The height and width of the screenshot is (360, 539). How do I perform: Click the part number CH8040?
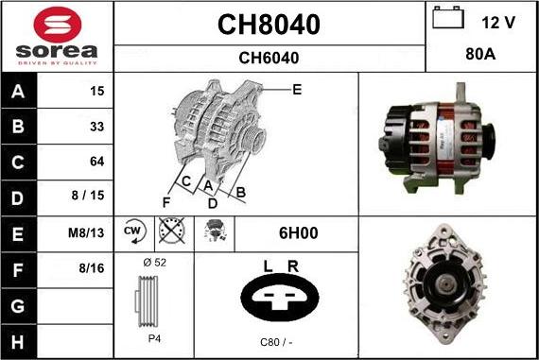coord(269,25)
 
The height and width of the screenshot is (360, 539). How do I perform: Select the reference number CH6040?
coord(269,58)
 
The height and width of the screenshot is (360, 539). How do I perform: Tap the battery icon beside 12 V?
coord(448,18)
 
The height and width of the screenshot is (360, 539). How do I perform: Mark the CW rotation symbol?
coord(133,231)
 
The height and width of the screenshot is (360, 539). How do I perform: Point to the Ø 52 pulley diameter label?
coord(153,263)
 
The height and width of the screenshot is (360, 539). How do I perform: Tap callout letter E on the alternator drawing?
coord(296,91)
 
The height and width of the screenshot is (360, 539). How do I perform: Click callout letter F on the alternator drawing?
coord(166,202)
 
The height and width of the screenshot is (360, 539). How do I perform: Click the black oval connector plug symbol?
coord(280,300)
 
